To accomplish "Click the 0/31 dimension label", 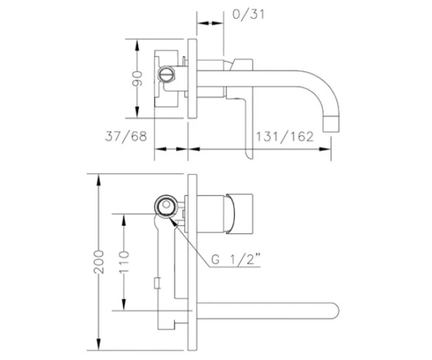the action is tap(248, 14).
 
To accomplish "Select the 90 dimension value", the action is tap(137, 78).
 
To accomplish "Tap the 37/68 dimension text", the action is tap(126, 136).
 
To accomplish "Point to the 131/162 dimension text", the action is tap(285, 137).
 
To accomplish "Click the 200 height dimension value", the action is tap(99, 262).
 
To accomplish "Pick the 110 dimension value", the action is tap(124, 262).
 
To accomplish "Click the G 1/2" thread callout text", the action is tap(236, 259).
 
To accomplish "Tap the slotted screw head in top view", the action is tap(166, 74).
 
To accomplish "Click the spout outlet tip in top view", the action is tap(331, 125).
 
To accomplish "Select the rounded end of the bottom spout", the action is tap(335, 311).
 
